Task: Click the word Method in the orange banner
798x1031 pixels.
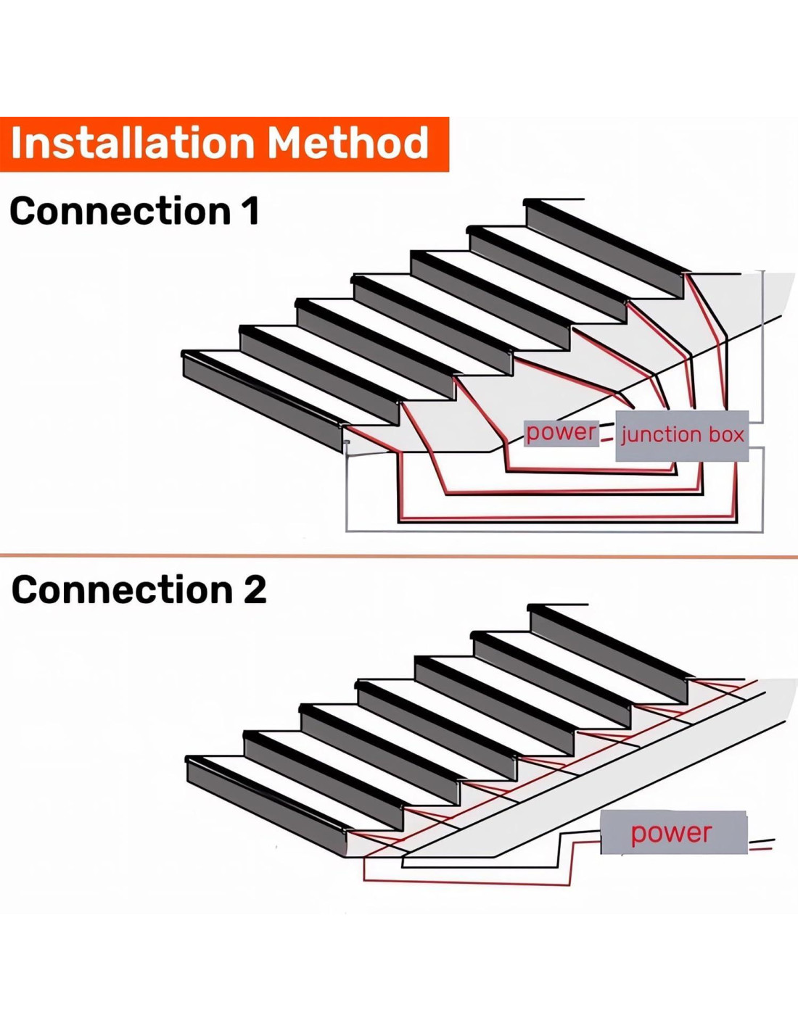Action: click(349, 143)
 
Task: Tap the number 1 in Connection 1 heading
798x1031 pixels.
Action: click(250, 212)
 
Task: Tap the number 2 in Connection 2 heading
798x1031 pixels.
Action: click(255, 590)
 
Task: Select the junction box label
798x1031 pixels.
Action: click(682, 435)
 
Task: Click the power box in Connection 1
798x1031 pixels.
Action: click(561, 433)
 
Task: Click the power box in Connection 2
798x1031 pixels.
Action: click(672, 833)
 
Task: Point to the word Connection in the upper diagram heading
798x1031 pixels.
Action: click(120, 212)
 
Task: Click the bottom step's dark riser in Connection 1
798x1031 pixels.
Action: click(261, 402)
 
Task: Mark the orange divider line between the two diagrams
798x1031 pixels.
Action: click(399, 557)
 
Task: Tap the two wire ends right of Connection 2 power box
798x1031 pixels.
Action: click(761, 844)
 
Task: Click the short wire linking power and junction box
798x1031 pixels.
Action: click(607, 433)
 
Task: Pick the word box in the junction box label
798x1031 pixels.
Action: click(727, 435)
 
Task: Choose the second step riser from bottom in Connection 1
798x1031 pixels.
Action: click(319, 375)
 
